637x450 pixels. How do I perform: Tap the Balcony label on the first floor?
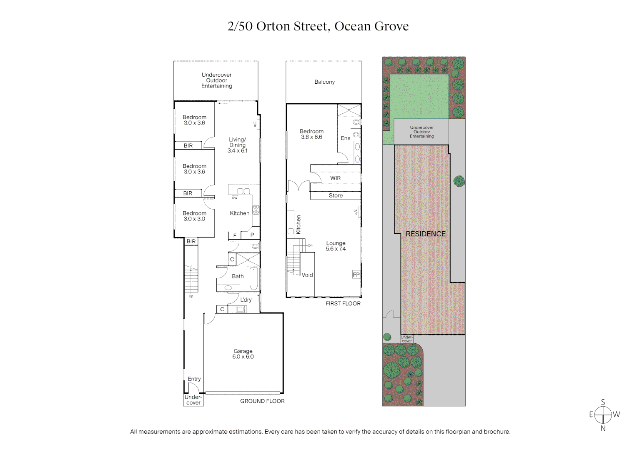(324, 82)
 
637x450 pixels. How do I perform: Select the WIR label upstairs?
(335, 178)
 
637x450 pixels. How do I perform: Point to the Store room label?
(336, 195)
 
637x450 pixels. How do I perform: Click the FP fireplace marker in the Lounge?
(356, 275)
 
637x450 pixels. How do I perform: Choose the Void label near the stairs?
(307, 275)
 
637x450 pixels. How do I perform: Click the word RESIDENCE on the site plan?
(426, 234)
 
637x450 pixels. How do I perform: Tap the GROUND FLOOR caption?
(262, 401)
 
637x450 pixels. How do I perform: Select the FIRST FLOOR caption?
(343, 303)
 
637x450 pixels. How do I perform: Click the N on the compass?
(603, 428)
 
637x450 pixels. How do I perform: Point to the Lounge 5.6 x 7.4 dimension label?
(336, 249)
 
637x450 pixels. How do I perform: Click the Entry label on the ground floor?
(194, 379)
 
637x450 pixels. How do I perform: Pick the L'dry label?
(246, 300)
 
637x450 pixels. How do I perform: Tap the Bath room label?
(238, 276)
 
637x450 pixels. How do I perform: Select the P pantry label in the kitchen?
(252, 235)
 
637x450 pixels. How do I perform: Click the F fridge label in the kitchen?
(235, 235)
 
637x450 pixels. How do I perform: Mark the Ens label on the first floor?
(345, 138)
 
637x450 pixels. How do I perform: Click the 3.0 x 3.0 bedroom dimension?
(194, 219)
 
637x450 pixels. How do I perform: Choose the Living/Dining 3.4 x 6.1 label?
(237, 145)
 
